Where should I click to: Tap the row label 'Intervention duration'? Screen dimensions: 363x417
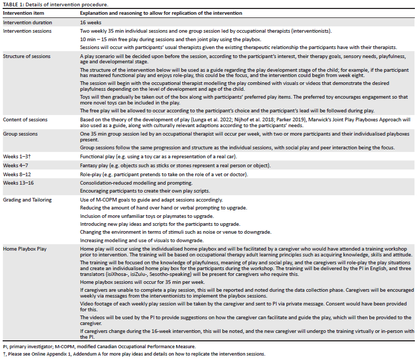(27, 23)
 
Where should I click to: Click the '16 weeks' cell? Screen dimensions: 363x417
(91, 23)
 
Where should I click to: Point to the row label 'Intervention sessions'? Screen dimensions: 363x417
(27, 31)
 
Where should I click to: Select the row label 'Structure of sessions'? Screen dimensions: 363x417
(27, 56)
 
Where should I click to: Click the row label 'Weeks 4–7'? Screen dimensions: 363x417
(16, 165)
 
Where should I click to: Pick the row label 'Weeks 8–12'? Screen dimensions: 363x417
(17, 174)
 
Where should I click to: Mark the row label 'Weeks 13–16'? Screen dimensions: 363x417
(18, 182)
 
